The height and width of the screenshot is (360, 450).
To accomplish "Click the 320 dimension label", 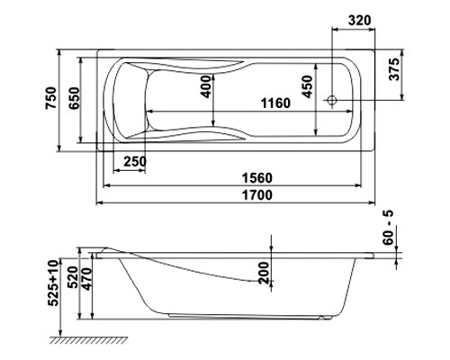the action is click(360, 20).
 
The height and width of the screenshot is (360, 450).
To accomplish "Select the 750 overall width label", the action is click(50, 98).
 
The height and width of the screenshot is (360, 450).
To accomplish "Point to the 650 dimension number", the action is click(74, 98).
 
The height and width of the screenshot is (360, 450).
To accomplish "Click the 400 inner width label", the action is click(206, 86).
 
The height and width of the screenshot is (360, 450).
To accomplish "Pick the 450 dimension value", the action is click(307, 86).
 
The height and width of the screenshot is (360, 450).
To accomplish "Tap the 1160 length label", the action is click(275, 103).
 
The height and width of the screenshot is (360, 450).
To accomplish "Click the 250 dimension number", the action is click(135, 161).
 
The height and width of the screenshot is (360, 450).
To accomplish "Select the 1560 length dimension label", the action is click(257, 178).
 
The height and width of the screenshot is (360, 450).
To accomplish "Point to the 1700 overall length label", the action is click(257, 195).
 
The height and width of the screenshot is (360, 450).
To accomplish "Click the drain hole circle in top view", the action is click(332, 100).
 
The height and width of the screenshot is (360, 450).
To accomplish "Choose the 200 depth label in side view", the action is click(264, 273).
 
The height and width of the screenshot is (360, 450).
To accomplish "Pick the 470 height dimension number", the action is click(86, 279).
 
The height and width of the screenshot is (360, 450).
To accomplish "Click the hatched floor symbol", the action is click(88, 340).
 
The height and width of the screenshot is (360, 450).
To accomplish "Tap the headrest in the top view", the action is click(130, 101).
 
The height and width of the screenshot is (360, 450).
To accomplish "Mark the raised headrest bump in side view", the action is click(105, 249).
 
